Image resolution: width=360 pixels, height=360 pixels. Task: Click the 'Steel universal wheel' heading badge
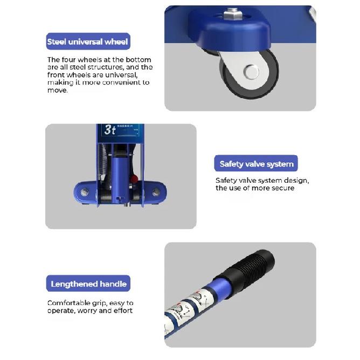[x=88, y=41]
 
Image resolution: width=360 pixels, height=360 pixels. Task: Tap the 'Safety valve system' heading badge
[x=256, y=164]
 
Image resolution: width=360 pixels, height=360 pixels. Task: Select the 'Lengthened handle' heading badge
[x=88, y=284]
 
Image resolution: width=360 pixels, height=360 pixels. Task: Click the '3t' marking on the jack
[x=110, y=130]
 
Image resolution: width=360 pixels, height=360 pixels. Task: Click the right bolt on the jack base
[x=156, y=192]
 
